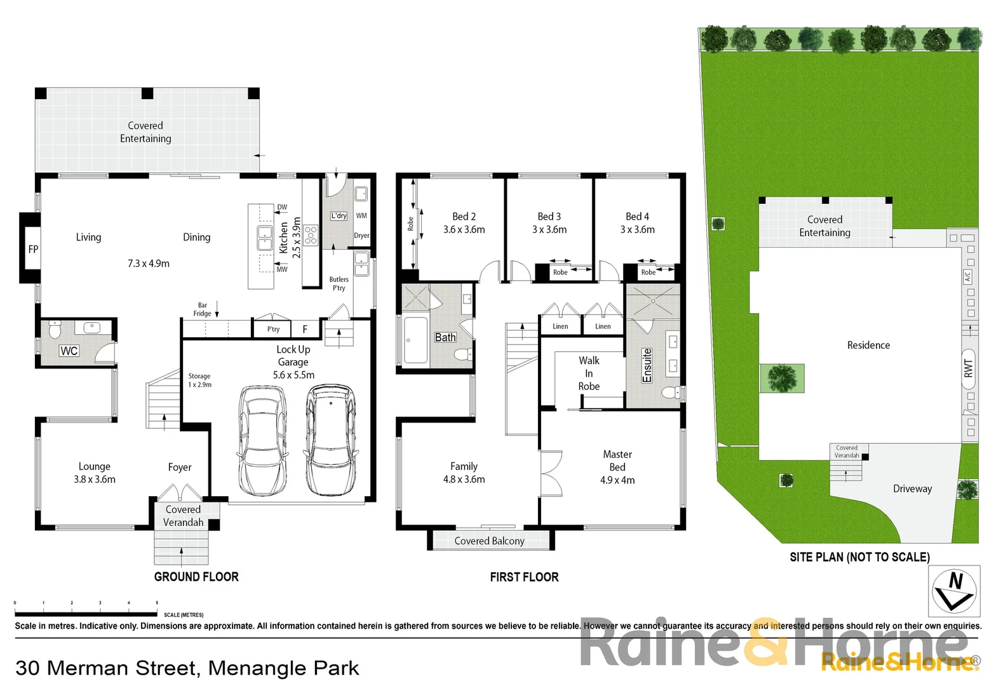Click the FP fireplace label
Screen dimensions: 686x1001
tap(33, 249)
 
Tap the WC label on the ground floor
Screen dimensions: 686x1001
tap(69, 351)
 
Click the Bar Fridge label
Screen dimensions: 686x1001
tap(202, 309)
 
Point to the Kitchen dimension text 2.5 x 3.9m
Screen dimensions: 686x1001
tap(297, 237)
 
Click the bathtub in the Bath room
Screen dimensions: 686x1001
tap(415, 340)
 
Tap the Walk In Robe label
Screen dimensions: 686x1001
tap(589, 373)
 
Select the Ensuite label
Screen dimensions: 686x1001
tap(647, 365)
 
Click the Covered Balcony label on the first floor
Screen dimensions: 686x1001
tap(489, 541)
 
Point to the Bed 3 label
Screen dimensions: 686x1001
tap(549, 217)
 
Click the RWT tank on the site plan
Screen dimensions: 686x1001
tap(968, 368)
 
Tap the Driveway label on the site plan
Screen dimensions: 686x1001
tap(912, 488)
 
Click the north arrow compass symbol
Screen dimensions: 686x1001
tap(954, 591)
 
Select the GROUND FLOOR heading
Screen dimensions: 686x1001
tap(196, 577)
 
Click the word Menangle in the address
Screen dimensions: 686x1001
tap(247, 668)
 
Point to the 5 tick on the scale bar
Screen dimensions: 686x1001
tap(157, 603)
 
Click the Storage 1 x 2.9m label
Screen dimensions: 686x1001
tap(199, 380)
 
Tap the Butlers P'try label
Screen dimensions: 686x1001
tap(339, 283)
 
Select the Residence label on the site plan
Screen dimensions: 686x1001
tap(868, 345)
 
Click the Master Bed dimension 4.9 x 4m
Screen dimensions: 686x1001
tap(617, 480)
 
